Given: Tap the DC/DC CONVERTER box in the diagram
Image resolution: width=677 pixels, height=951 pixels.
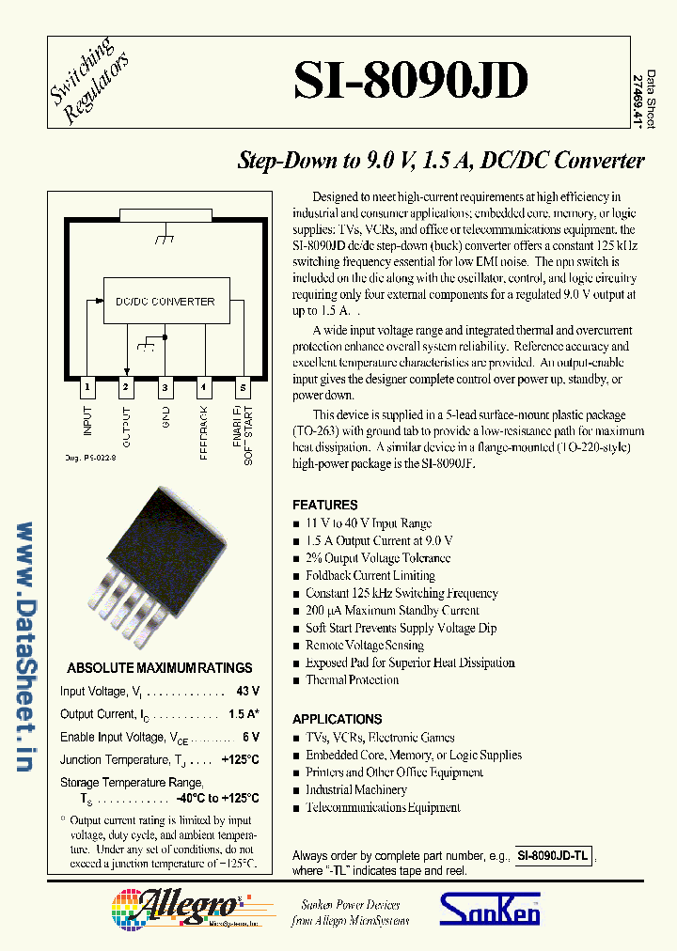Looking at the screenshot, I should (x=165, y=302).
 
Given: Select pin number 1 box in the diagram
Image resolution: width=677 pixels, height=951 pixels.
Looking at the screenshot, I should (x=87, y=386).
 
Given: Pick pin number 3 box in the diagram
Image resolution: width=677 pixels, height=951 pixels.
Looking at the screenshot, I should (x=165, y=386).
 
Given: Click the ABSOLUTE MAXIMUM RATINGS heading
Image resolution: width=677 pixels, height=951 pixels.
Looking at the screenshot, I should (x=160, y=668).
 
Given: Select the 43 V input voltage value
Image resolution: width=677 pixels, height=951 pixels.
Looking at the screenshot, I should (x=248, y=692).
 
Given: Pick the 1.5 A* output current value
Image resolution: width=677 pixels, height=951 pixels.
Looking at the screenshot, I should (x=244, y=714).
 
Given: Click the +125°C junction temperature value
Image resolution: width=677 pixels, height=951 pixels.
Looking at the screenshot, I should (x=240, y=759).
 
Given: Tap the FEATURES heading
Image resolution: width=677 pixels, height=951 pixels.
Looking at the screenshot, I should (x=324, y=505).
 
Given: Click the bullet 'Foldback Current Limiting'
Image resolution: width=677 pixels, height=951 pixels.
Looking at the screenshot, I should (x=370, y=575).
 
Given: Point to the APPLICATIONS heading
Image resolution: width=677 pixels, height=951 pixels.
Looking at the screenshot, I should (x=337, y=719).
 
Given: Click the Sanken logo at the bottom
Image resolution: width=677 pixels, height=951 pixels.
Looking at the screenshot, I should (x=490, y=910).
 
